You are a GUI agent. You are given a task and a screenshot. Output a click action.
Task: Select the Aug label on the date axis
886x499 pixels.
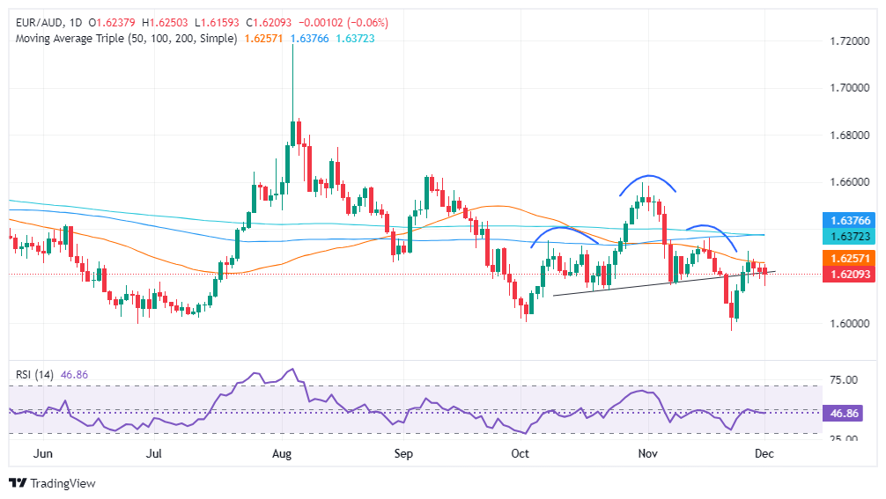pos(282,454)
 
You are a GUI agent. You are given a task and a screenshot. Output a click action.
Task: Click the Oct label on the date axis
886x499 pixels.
pos(521,454)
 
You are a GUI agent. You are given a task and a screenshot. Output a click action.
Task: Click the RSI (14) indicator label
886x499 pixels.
pos(35,374)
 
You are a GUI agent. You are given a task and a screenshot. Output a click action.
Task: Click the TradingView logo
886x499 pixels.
pos(52,483)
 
